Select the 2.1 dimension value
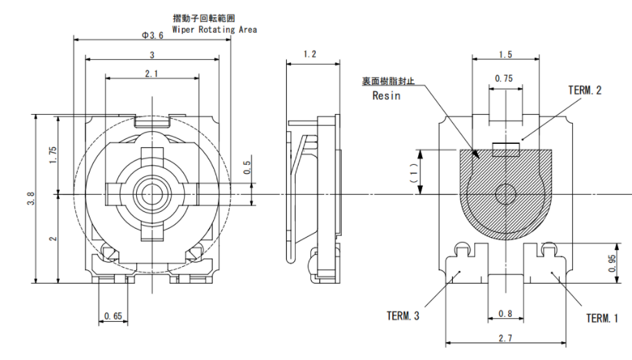[x=151, y=73]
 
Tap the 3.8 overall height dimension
[x=28, y=199]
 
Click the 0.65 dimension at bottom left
[x=113, y=316]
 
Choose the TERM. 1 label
[x=601, y=318]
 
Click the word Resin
[x=386, y=96]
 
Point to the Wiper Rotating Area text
[x=215, y=30]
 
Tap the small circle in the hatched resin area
[x=505, y=194]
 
